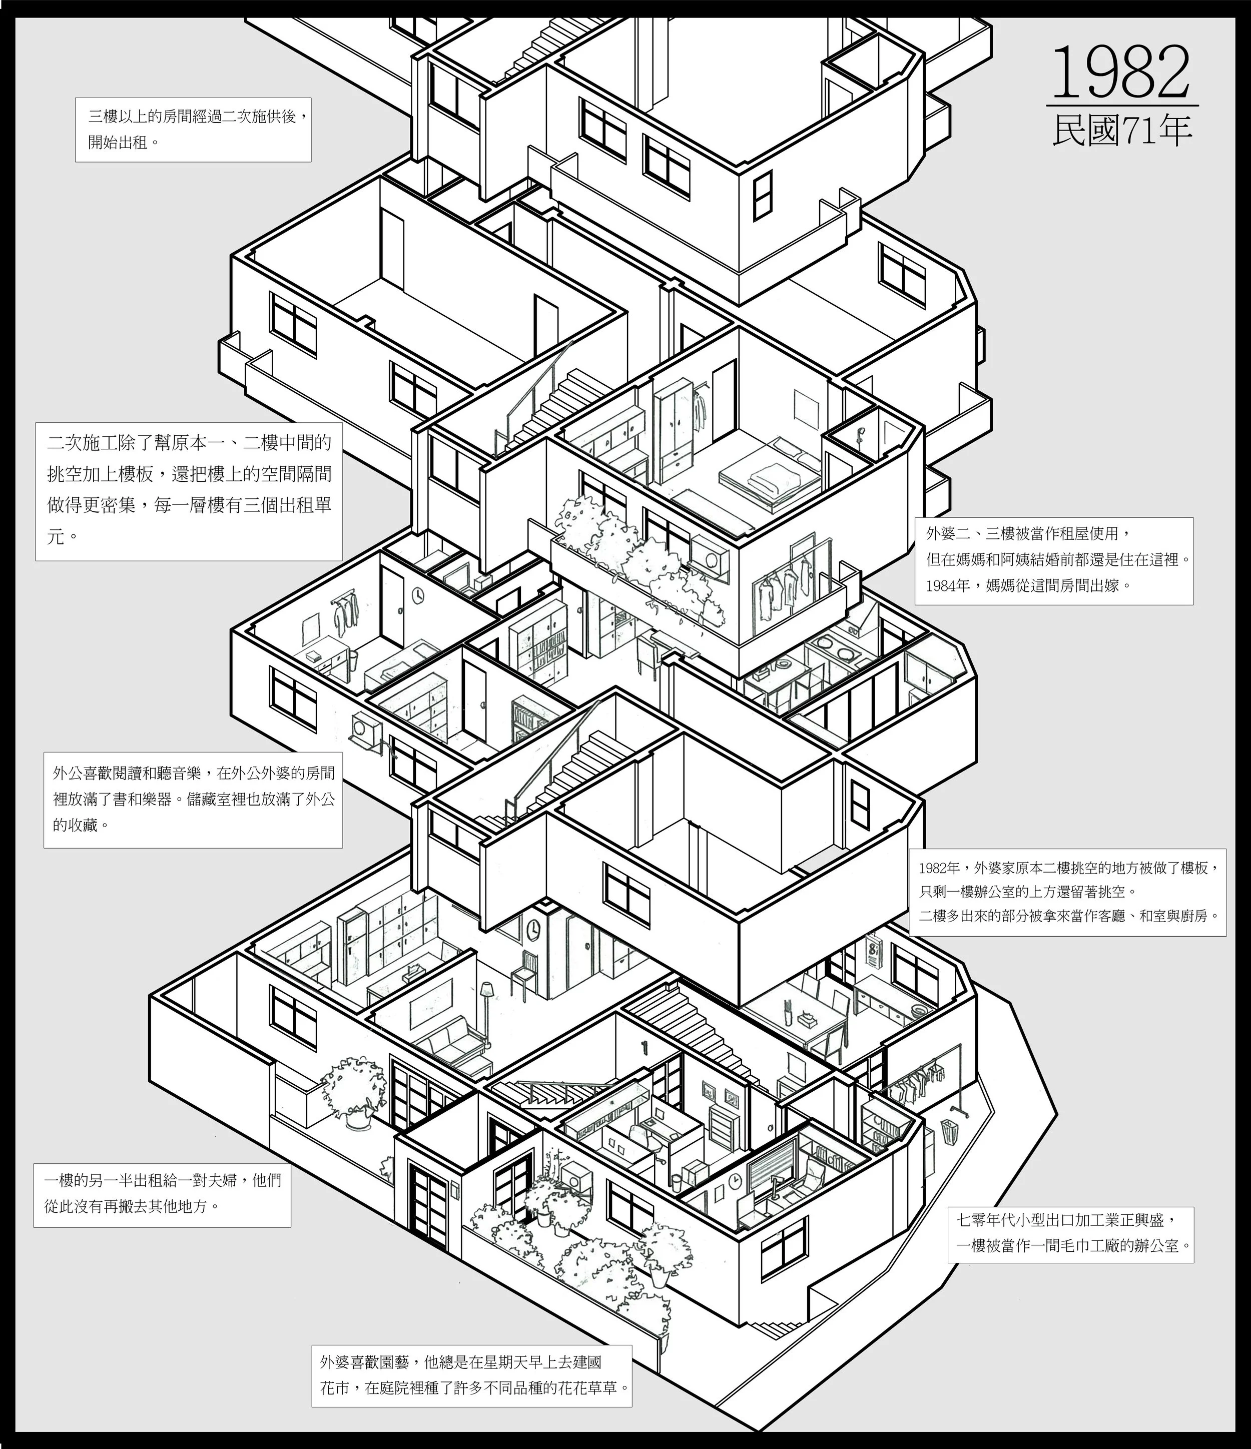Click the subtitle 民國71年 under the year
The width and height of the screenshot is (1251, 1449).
click(x=1121, y=130)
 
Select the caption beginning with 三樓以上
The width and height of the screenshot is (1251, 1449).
click(x=193, y=130)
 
